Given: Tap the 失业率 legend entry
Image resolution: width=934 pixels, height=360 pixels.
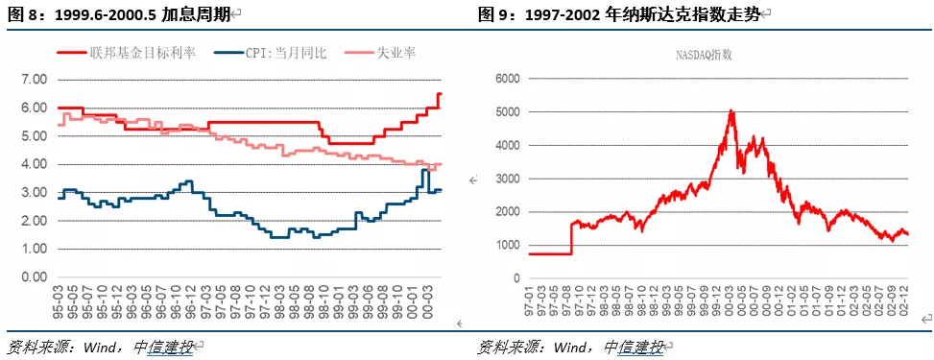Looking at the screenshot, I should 395,54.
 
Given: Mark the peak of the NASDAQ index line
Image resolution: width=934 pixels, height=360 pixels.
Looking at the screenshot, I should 731,110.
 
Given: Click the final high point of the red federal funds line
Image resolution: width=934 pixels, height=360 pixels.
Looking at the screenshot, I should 440,94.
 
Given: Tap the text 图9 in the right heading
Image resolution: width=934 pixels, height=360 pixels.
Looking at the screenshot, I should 493,13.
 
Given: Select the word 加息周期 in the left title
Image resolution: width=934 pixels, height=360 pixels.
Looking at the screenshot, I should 196,13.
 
